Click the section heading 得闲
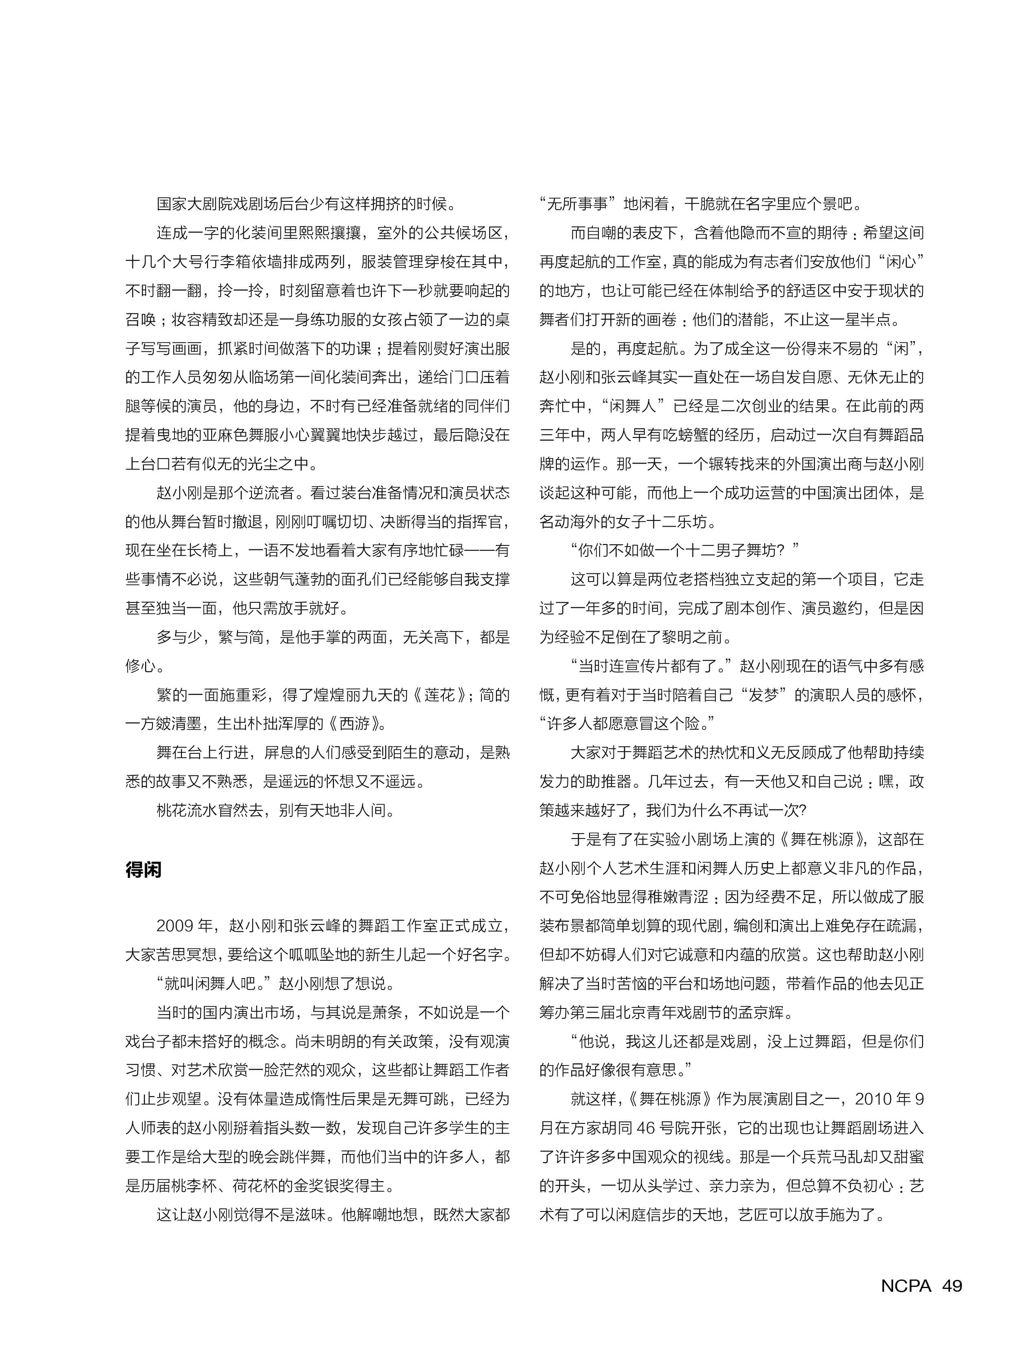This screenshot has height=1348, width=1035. click(x=143, y=869)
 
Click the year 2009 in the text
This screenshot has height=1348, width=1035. click(x=176, y=925)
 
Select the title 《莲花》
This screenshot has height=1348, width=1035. click(x=439, y=695)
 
